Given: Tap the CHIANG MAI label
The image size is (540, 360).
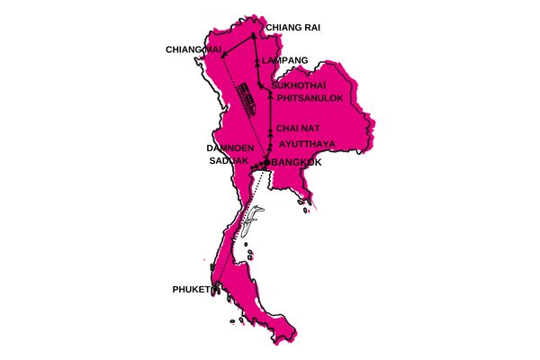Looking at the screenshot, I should click(x=194, y=49).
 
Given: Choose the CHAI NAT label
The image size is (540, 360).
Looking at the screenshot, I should click(x=299, y=128).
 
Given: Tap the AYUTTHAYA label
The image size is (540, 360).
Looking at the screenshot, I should click(x=311, y=143).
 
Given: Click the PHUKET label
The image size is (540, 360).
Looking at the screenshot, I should click(x=191, y=290).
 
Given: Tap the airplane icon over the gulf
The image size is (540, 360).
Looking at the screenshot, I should click(x=256, y=216).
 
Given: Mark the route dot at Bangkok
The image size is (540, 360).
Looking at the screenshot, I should click(x=266, y=162).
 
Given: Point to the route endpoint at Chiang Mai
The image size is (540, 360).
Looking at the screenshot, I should click(x=224, y=53).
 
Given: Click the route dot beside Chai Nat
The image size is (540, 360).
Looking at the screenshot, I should click(x=270, y=129).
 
